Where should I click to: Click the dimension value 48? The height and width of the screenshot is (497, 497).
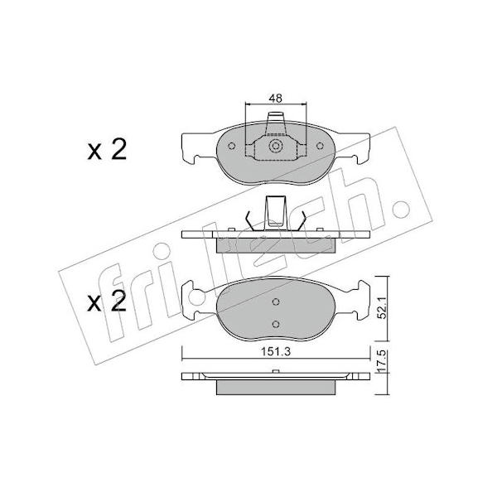click(276, 99)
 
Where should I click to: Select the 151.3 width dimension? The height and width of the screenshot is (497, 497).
click(276, 351)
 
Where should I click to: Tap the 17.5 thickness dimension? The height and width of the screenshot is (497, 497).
click(383, 361)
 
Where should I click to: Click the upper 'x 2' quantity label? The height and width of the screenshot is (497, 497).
click(107, 149)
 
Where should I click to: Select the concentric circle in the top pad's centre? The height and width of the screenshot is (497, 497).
click(276, 146)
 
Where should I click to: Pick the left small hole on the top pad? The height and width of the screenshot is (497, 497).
click(232, 146)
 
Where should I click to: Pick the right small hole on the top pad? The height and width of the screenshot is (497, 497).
click(320, 146)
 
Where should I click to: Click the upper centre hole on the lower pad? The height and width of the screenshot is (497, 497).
click(276, 302)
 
